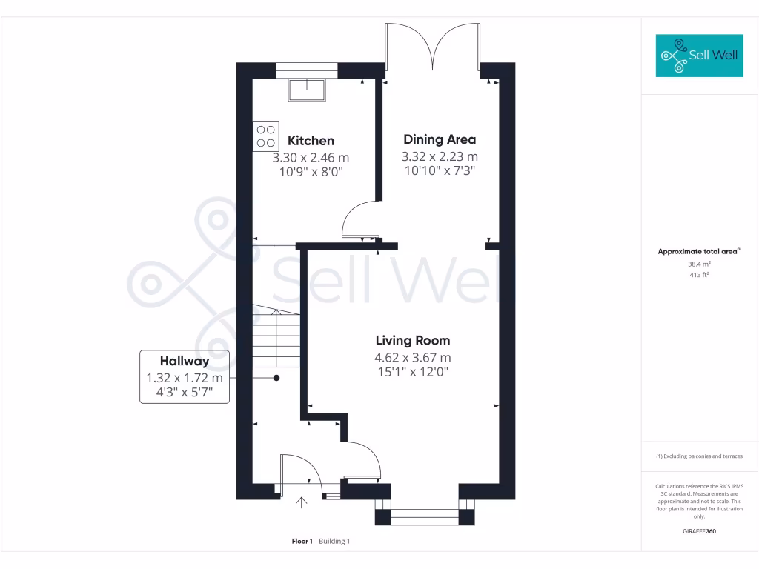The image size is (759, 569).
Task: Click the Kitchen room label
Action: coord(311,141)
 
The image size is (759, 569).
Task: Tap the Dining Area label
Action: coord(440,139)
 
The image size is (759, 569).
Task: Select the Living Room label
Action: coord(412,341)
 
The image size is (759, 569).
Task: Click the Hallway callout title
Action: coord(185,362)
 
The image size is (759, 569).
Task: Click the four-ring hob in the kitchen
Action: coord(266,136)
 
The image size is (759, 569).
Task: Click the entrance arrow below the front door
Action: coord(302,505)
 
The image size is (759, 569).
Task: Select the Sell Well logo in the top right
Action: coord(699,56)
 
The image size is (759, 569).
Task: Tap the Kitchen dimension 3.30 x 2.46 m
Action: coord(311,158)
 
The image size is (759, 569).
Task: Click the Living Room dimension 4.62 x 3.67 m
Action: coord(412,358)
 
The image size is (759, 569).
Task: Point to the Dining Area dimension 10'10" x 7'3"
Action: coord(440,170)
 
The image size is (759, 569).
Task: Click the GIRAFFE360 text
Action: coord(700,531)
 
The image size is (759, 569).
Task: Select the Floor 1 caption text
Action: coord(302,542)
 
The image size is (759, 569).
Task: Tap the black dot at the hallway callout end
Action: coord(276,378)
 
